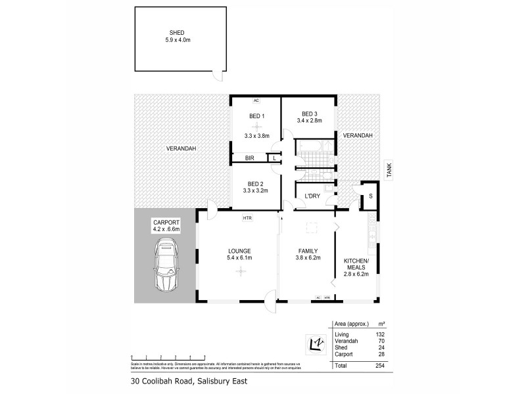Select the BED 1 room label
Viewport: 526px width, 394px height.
(x=256, y=117)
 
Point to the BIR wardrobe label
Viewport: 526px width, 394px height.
(x=249, y=158)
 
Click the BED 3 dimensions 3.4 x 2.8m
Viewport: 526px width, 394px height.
(x=311, y=121)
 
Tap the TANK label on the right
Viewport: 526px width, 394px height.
(x=389, y=172)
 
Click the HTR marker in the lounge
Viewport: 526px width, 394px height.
(x=247, y=217)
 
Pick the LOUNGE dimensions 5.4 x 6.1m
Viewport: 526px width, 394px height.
(x=241, y=258)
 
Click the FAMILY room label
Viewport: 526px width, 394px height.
(x=308, y=251)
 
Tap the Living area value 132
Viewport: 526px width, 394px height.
(x=380, y=334)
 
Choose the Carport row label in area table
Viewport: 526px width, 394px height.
(x=345, y=354)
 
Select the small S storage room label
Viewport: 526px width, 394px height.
(x=371, y=196)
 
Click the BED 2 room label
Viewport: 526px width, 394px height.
(x=256, y=184)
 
